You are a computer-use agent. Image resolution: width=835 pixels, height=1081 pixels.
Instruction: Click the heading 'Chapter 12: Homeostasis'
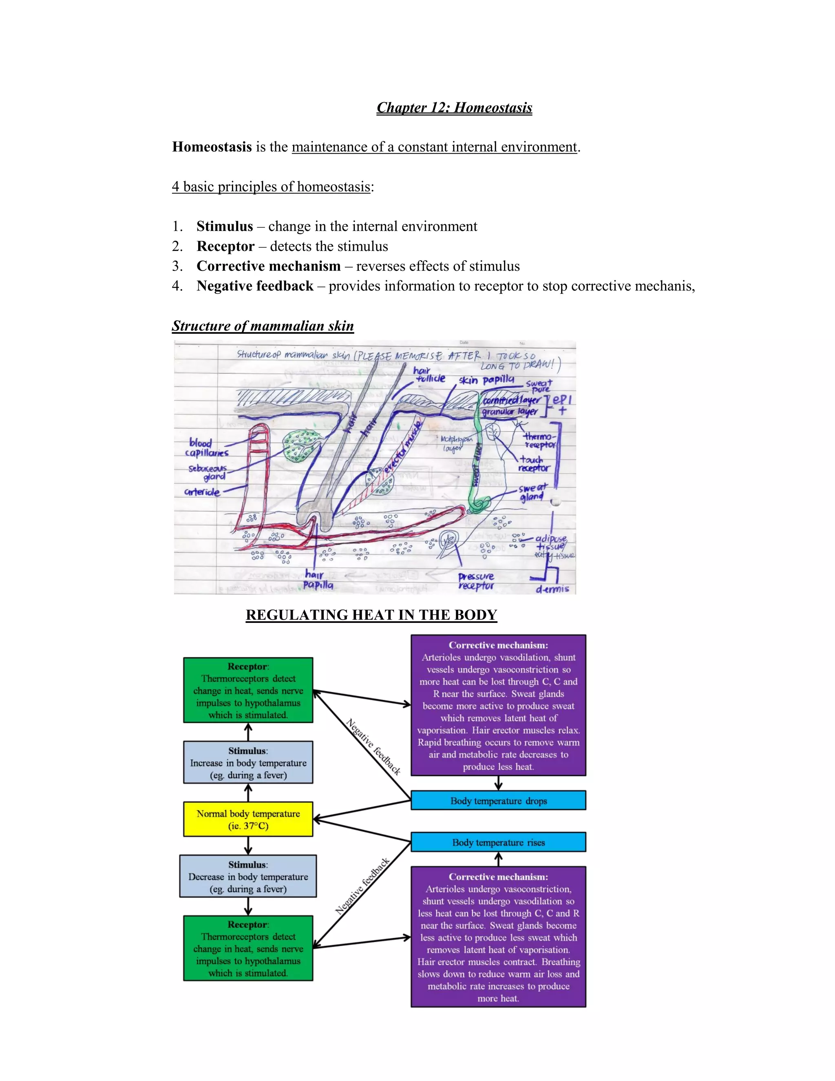(x=454, y=108)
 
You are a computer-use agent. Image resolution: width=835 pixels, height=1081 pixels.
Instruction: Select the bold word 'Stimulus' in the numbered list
(x=225, y=226)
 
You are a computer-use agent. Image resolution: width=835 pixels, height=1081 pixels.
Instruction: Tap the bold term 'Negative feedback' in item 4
(x=255, y=286)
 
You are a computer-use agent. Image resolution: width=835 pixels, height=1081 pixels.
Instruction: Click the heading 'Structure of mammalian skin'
(x=263, y=326)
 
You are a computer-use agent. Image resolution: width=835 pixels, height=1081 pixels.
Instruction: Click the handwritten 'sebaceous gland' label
(x=208, y=472)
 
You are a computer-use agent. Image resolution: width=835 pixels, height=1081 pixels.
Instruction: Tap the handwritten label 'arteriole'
(x=202, y=492)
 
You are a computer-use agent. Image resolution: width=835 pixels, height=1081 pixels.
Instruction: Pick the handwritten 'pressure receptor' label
(x=476, y=581)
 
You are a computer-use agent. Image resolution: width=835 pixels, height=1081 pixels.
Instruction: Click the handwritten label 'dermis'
(x=552, y=589)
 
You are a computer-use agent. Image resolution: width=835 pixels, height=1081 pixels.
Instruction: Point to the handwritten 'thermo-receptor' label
(x=540, y=441)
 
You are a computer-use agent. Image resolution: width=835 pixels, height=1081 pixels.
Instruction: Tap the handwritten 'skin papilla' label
(x=486, y=380)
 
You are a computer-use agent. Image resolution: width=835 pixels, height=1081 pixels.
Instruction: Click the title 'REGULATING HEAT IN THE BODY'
(x=371, y=615)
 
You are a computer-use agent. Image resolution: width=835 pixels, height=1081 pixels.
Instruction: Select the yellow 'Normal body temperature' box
(x=248, y=820)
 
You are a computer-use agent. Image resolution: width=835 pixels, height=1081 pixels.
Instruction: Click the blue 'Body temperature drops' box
(x=498, y=801)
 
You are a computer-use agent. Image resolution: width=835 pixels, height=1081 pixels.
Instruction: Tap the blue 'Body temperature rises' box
(x=498, y=842)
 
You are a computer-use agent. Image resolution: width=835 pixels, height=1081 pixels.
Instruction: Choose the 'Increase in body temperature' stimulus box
(x=248, y=763)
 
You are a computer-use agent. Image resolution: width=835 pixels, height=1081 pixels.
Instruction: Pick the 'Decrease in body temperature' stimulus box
(x=248, y=877)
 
